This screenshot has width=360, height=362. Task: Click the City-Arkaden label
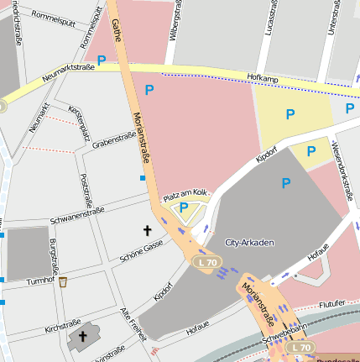(x=250, y=242)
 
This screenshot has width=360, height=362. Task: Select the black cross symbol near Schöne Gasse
(x=148, y=229)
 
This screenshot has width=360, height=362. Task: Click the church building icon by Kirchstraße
(x=82, y=338)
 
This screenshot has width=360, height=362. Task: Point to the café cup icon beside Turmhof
(x=63, y=281)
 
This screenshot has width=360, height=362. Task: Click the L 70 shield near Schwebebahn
(x=300, y=347)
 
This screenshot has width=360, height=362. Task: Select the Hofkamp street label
(x=262, y=77)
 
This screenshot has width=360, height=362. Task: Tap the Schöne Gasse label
(x=141, y=247)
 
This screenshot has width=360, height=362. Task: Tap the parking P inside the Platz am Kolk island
(x=184, y=208)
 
